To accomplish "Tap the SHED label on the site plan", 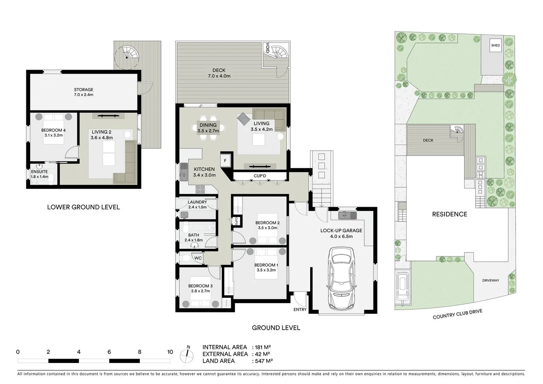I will pyautogui.click(x=495, y=45).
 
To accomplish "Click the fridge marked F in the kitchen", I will pyautogui.click(x=225, y=160).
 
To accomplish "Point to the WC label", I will pyautogui.click(x=198, y=258).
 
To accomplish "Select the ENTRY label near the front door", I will pyautogui.click(x=300, y=309).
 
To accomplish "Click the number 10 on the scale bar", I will pyautogui.click(x=170, y=352).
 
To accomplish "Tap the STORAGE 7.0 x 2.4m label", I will pyautogui.click(x=84, y=92).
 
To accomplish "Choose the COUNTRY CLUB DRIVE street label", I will pyautogui.click(x=457, y=314).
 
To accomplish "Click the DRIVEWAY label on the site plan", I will pyautogui.click(x=490, y=280).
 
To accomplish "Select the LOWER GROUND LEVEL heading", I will pyautogui.click(x=84, y=207).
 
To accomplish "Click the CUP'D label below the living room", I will pyautogui.click(x=260, y=176).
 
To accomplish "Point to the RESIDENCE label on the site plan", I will pyautogui.click(x=450, y=214).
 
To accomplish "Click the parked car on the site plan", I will pyautogui.click(x=403, y=284).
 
